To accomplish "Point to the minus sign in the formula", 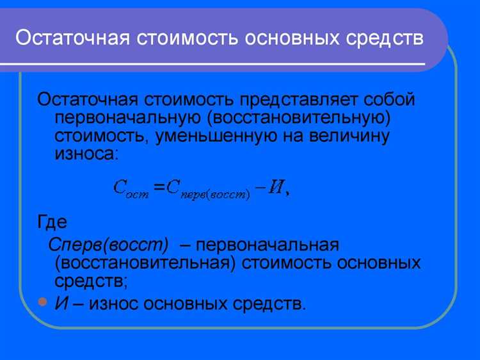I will (x=259, y=187).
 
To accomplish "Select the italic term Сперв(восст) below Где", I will (x=109, y=246).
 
